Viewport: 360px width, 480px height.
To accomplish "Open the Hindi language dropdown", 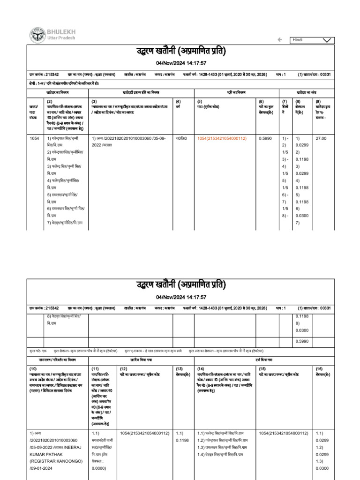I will click(x=313, y=40).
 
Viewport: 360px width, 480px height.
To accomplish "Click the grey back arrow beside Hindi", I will click(x=280, y=40).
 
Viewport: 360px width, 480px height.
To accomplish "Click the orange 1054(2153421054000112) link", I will click(x=222, y=139).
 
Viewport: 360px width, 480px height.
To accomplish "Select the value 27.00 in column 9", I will click(x=321, y=139).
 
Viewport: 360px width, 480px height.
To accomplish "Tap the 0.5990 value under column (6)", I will click(x=266, y=139).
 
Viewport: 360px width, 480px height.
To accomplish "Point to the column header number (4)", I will click(x=178, y=101).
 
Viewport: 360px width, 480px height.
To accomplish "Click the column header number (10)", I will click(x=34, y=369).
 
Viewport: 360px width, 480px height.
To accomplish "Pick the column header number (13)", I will click(x=180, y=369).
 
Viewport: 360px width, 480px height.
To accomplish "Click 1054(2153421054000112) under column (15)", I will click(x=283, y=434).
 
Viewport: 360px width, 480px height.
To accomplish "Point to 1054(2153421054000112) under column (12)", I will click(x=144, y=434).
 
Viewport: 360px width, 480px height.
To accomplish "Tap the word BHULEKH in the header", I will click(x=61, y=31).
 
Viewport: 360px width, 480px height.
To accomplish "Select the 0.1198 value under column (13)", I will click(x=182, y=440).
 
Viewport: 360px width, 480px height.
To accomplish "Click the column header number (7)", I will click(x=284, y=101).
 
